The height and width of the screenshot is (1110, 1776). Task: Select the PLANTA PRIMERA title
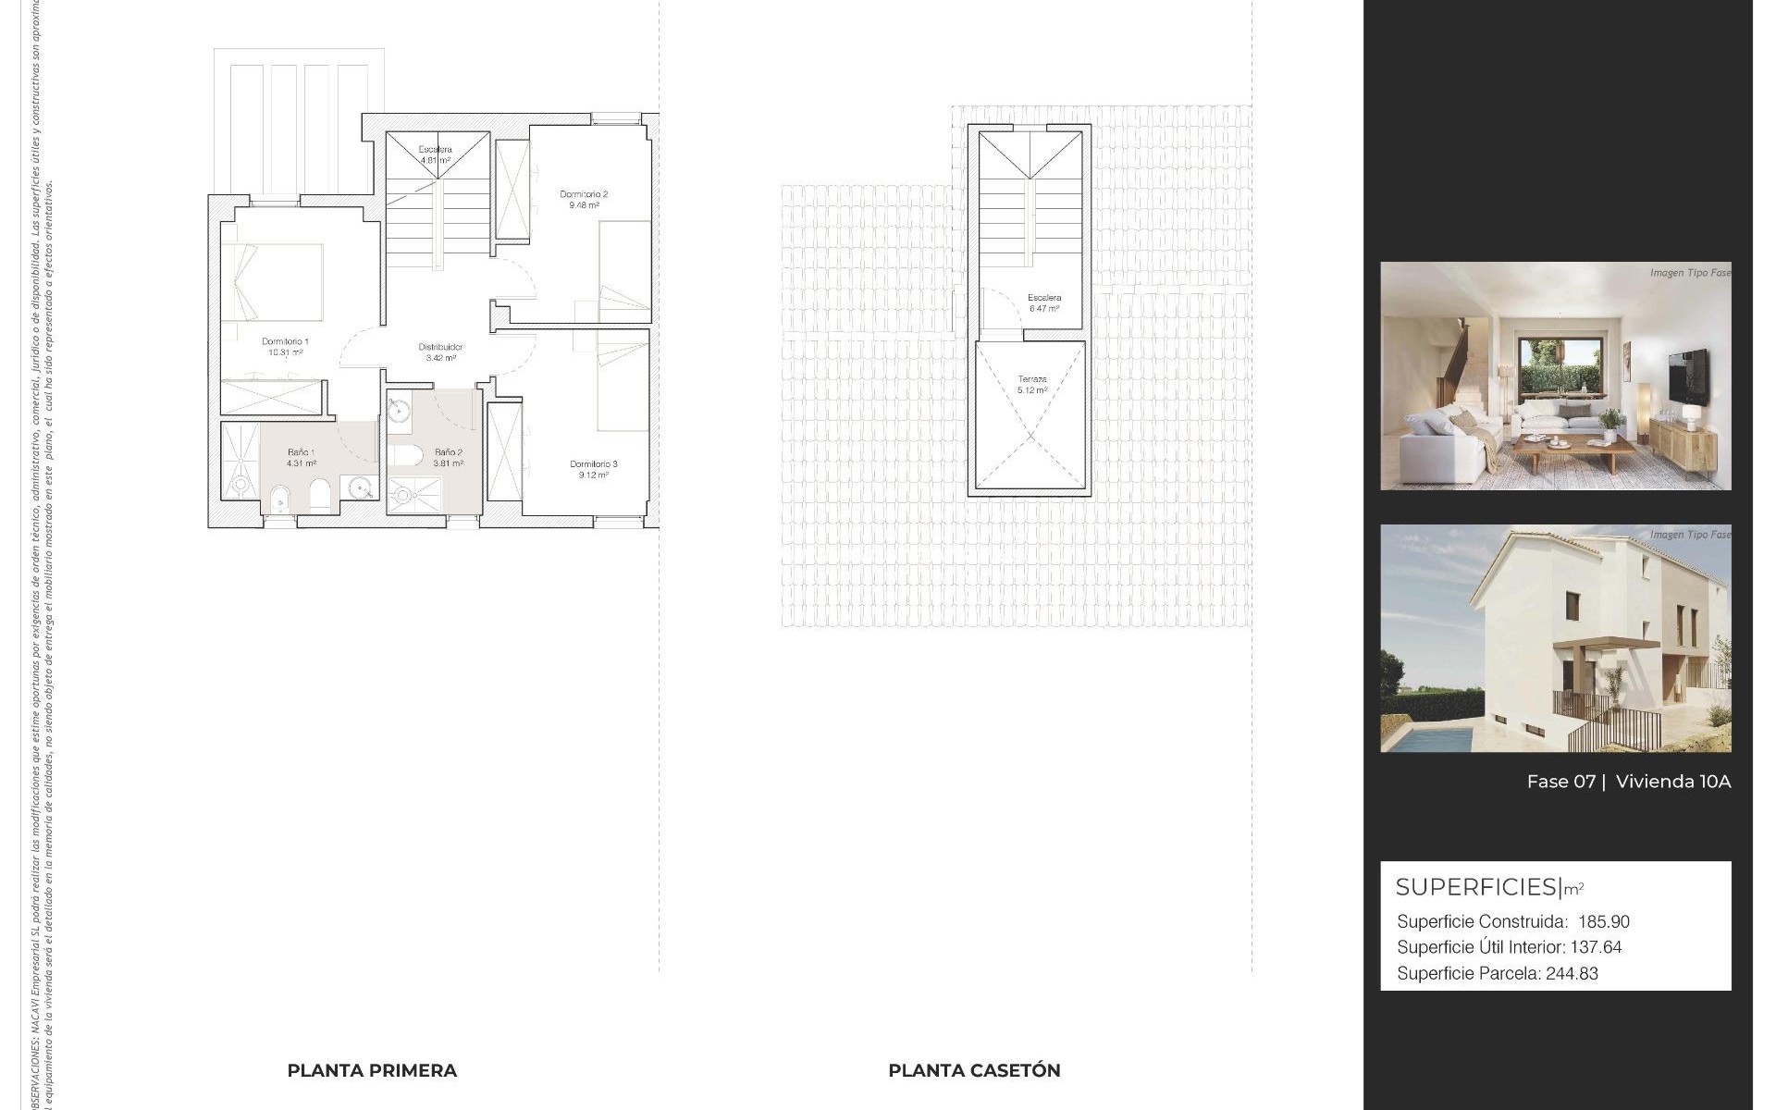tap(372, 1070)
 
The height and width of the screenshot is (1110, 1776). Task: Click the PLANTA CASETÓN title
tap(974, 1070)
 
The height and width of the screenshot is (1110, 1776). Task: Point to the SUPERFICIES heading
tap(1476, 887)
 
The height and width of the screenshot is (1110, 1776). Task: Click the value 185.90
tap(1604, 922)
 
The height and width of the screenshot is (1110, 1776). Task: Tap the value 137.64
tap(1596, 947)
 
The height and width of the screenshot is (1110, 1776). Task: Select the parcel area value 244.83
tap(1572, 973)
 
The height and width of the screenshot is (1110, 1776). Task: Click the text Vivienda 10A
tap(1672, 782)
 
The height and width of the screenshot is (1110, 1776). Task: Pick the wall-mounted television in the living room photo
tap(1688, 377)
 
